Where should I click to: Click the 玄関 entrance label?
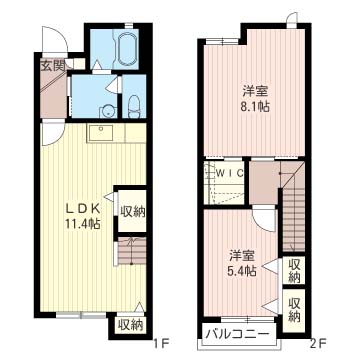click(x=52, y=66)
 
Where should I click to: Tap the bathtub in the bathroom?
click(x=126, y=49)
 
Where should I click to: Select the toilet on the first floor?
click(x=134, y=107)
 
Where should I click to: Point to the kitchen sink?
click(x=100, y=133)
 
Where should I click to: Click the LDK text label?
click(x=83, y=209)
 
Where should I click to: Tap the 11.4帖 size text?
click(x=83, y=224)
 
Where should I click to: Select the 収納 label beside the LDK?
click(x=133, y=212)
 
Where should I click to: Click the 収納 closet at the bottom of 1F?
click(x=130, y=325)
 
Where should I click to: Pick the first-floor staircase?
click(x=132, y=251)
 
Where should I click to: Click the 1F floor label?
click(x=163, y=342)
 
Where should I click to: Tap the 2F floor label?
click(x=318, y=342)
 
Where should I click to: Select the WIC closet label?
click(x=230, y=173)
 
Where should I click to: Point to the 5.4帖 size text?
click(x=242, y=271)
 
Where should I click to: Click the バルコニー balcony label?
click(x=237, y=334)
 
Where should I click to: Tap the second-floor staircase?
click(x=293, y=207)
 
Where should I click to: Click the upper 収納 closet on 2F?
click(x=294, y=270)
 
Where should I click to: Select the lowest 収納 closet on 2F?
click(x=294, y=310)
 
